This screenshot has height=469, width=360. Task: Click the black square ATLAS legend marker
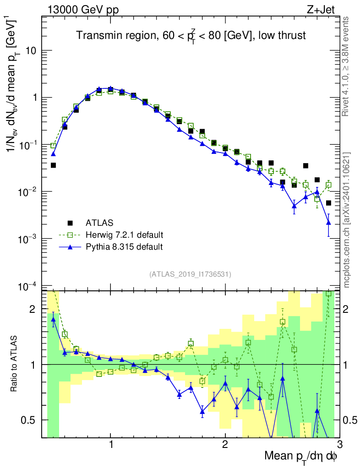(70, 223)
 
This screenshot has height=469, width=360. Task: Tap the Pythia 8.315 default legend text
(124, 247)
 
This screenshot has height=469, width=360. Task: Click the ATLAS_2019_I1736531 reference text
(190, 274)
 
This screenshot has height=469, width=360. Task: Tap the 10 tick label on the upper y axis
(31, 50)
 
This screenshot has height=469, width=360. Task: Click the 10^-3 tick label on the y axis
(28, 239)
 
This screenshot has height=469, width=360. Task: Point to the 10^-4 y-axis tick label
(28, 286)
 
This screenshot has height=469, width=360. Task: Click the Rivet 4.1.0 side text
(347, 66)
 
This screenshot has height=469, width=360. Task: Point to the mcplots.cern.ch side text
(347, 219)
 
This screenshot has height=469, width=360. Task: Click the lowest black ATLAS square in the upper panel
(328, 203)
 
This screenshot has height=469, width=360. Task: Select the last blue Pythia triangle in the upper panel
(328, 223)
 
